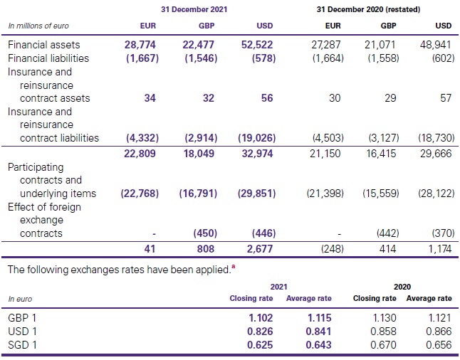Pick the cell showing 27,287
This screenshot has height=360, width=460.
coord(328,45)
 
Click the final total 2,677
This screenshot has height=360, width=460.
coord(259,249)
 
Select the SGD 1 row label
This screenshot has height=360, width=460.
coord(23,346)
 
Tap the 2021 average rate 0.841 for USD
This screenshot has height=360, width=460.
coord(308,332)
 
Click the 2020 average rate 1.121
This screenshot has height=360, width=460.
coord(436,317)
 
